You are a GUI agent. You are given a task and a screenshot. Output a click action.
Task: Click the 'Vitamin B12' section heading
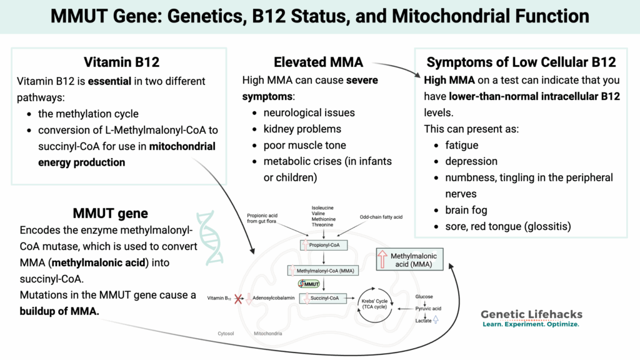tap(121, 62)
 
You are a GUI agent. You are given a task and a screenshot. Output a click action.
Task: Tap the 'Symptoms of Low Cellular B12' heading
tap(521, 62)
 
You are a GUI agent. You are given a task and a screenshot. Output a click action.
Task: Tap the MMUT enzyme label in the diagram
tap(309, 284)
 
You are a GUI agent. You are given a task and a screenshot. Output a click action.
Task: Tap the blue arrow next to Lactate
tap(436, 320)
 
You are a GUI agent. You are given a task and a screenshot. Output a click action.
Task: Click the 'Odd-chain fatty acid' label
tap(381, 217)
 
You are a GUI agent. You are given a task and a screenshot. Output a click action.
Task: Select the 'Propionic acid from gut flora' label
tap(264, 216)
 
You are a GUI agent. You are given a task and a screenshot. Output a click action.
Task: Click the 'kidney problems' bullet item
tap(302, 129)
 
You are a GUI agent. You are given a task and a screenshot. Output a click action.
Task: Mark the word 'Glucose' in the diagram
tap(424, 296)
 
